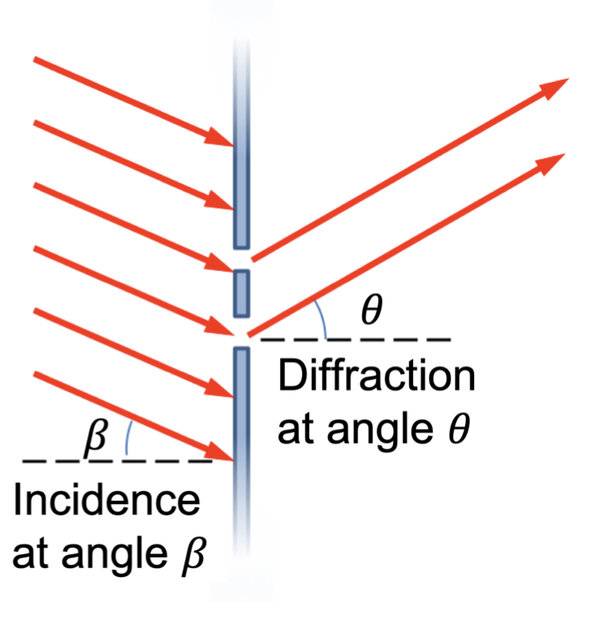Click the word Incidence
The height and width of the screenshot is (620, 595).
coord(106,500)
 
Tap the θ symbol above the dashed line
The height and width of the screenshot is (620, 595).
coord(372,310)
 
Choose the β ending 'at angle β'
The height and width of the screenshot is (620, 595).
coord(193,553)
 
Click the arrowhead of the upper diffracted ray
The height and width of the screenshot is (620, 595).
coord(552,88)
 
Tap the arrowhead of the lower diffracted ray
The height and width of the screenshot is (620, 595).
coord(548,163)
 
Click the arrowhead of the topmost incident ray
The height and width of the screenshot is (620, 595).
coord(220,137)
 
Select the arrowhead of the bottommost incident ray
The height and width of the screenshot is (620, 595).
coord(220,451)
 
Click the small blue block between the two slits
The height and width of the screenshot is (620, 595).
coord(242,293)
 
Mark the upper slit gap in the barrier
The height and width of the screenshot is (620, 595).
coord(242,260)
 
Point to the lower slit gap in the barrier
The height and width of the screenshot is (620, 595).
coord(242,332)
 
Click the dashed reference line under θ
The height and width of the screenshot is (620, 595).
coord(355,339)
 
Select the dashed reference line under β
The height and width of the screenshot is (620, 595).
coord(117,461)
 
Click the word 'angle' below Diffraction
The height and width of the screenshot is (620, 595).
coord(379,430)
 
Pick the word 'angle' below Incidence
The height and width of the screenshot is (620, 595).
coord(114,555)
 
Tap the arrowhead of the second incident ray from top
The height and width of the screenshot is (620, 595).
coord(220,200)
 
